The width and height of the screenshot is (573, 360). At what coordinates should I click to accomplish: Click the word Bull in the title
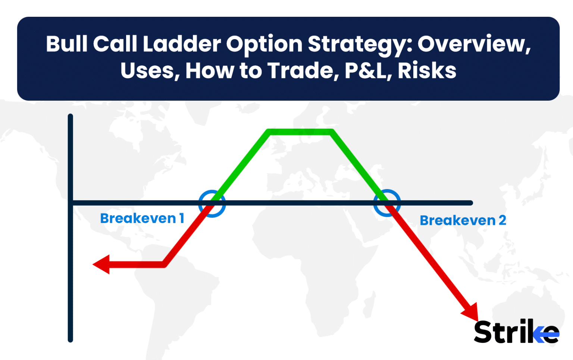(x=67, y=44)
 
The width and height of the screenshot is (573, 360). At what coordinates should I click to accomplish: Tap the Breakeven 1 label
(x=142, y=218)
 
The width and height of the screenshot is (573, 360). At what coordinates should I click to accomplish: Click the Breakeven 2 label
(x=463, y=220)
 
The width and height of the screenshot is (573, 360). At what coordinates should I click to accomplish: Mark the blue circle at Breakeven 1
(x=212, y=203)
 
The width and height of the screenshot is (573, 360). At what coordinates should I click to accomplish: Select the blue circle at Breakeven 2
(x=387, y=203)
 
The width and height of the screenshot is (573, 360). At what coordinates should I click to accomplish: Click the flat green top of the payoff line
(x=300, y=132)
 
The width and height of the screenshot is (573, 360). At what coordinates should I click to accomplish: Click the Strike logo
(x=516, y=332)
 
